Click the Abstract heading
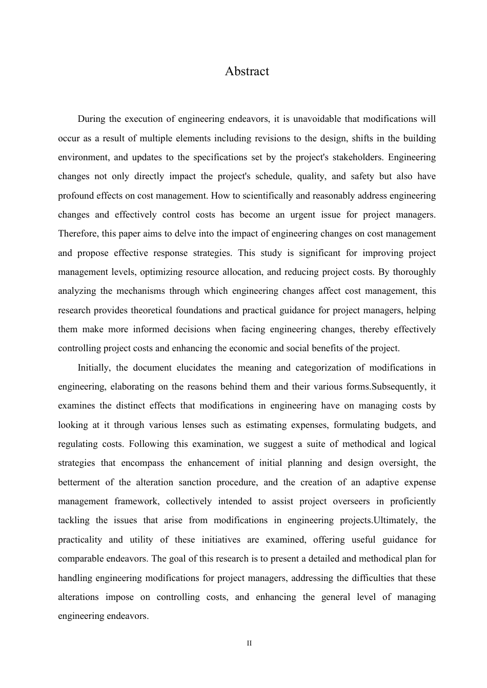point(247,71)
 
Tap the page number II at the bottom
point(249,643)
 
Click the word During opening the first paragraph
point(91,119)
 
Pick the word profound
point(75,196)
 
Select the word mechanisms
point(145,291)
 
